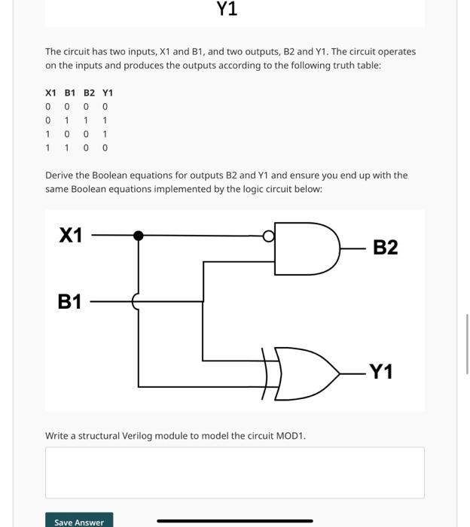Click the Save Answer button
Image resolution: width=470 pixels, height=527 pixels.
(x=79, y=521)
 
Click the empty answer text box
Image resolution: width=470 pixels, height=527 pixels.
(x=234, y=472)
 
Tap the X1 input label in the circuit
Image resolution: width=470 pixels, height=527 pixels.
(x=71, y=236)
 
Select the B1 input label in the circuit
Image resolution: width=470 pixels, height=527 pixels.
(x=69, y=302)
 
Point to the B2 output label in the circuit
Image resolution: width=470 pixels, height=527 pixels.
(x=385, y=248)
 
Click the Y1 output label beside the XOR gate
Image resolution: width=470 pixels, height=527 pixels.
(x=380, y=372)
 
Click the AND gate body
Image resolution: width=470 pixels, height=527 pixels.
(x=305, y=248)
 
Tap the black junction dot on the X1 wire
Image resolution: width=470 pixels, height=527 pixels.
(x=138, y=236)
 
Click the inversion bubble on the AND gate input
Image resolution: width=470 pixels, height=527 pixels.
(x=268, y=236)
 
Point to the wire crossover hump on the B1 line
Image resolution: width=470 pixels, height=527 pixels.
(x=136, y=302)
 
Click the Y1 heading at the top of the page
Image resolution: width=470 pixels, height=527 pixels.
(x=227, y=9)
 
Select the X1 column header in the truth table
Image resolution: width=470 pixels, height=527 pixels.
(x=50, y=93)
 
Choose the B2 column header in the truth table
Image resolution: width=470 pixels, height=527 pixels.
(x=89, y=93)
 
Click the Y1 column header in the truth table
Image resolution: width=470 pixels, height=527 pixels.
(x=108, y=93)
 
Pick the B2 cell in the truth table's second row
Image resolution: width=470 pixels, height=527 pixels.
(x=86, y=120)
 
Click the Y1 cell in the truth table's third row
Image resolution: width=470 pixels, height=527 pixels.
(x=105, y=134)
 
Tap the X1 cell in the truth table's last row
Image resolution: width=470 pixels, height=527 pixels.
(x=48, y=148)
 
